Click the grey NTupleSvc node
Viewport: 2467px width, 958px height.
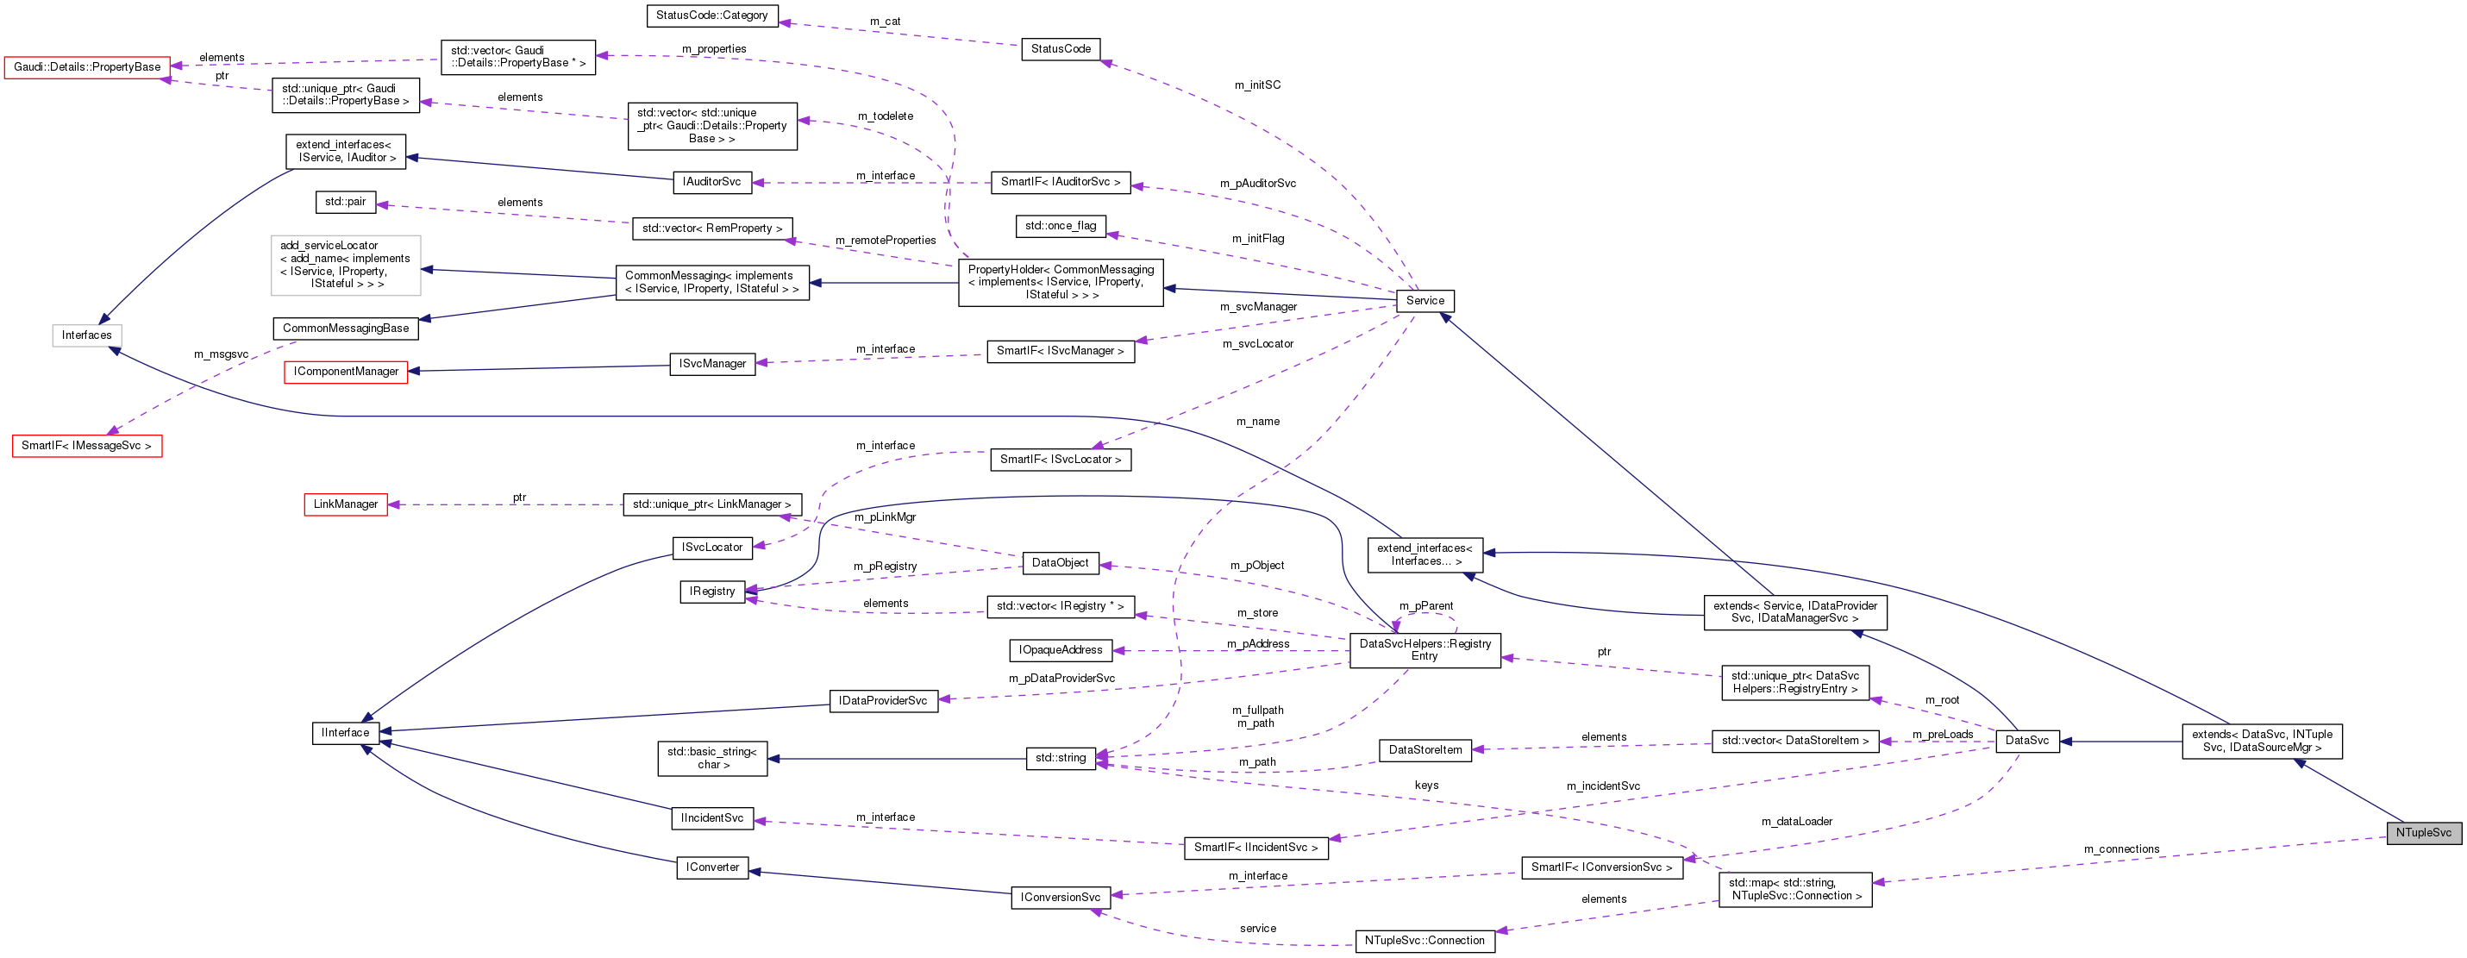pyautogui.click(x=2423, y=832)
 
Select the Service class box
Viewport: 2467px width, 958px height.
pyautogui.click(x=1424, y=301)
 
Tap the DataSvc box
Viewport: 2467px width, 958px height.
pyautogui.click(x=2026, y=741)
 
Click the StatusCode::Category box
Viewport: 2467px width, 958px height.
pyautogui.click(x=711, y=16)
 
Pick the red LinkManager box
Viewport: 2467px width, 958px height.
pyautogui.click(x=346, y=504)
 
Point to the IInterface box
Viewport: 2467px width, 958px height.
pyautogui.click(x=345, y=733)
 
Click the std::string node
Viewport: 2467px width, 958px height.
pyautogui.click(x=1060, y=758)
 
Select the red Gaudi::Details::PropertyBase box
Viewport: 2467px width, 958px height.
pyautogui.click(x=87, y=67)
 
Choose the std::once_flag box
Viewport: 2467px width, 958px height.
pyautogui.click(x=1060, y=226)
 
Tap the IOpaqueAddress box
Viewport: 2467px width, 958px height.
pyautogui.click(x=1060, y=650)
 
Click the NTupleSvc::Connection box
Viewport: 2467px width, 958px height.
pyautogui.click(x=1424, y=941)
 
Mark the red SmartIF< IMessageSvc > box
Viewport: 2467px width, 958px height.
pyautogui.click(x=87, y=446)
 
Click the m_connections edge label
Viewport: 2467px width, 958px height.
pyautogui.click(x=2121, y=848)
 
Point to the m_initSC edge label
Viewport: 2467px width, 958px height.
pyautogui.click(x=1257, y=85)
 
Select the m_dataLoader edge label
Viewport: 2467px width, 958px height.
pyautogui.click(x=1797, y=821)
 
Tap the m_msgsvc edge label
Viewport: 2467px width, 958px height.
pyautogui.click(x=222, y=354)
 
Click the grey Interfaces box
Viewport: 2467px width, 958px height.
pyautogui.click(x=87, y=335)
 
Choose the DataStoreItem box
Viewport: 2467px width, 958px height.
pyautogui.click(x=1425, y=750)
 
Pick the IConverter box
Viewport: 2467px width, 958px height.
pyautogui.click(x=712, y=867)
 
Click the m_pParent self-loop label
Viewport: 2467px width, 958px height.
pyautogui.click(x=1426, y=605)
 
